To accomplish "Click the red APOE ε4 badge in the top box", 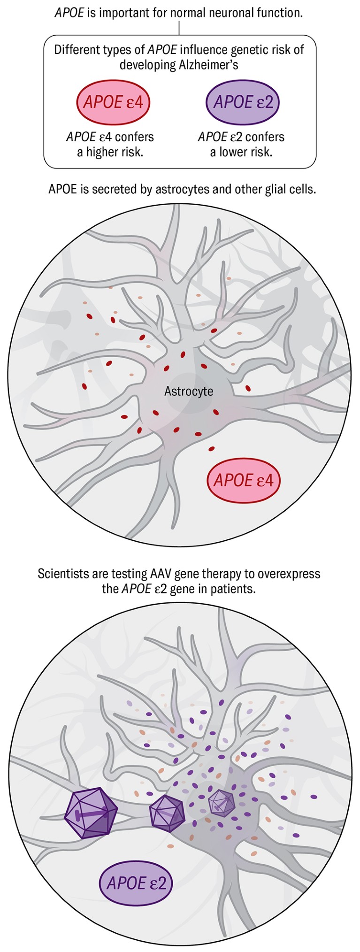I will pos(113,102).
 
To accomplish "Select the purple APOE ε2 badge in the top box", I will pos(243,102).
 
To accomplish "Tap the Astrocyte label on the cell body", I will pos(189,391).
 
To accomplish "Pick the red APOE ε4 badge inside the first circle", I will pos(243,480).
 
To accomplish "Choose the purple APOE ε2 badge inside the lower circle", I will pos(136,883).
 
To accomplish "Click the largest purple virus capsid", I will pos(91,813).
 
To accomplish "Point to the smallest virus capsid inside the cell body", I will pos(221,802).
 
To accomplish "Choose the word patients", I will pos(235,589).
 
